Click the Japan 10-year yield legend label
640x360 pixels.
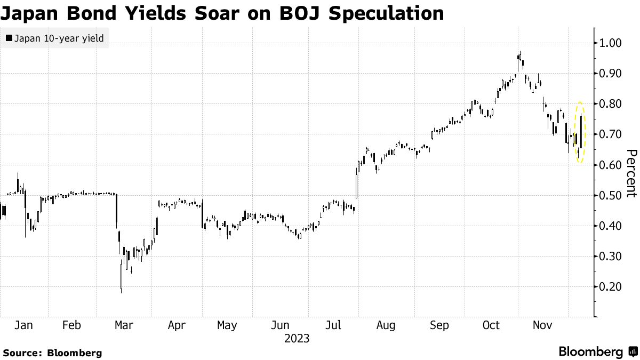coord(59,38)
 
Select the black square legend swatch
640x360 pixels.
coord(9,38)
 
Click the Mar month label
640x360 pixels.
coord(124,325)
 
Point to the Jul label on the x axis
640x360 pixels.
coord(333,325)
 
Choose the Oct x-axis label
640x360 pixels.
coord(491,325)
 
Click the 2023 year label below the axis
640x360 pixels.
coord(297,338)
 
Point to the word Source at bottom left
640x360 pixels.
coord(22,353)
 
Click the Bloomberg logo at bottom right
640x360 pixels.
coord(597,352)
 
